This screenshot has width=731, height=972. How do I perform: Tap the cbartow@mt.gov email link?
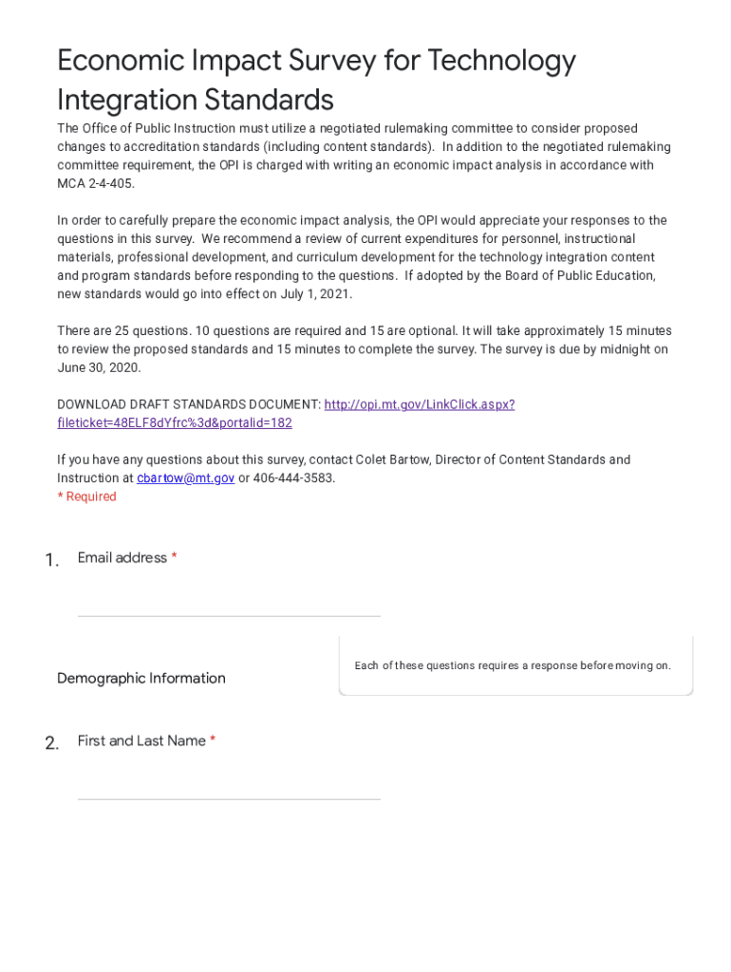(185, 478)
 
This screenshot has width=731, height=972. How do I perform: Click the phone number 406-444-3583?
(293, 478)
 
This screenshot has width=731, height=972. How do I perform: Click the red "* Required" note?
(86, 496)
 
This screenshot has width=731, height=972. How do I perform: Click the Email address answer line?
(229, 604)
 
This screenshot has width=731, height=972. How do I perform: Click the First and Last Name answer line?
(229, 787)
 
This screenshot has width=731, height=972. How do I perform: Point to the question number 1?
(51, 560)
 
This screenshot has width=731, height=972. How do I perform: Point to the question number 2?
(51, 743)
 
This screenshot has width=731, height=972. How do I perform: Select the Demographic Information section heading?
(141, 678)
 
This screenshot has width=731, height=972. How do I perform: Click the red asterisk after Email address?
(175, 558)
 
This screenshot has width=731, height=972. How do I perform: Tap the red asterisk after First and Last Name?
(213, 741)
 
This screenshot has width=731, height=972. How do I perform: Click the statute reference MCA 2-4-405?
(96, 183)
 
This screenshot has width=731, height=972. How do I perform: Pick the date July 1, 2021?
(316, 294)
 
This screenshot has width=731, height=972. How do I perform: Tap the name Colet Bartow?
(393, 459)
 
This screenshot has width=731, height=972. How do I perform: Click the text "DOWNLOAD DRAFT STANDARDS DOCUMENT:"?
(189, 404)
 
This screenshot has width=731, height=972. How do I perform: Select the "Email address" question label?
(122, 558)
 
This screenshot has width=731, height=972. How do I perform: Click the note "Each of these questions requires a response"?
(513, 665)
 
